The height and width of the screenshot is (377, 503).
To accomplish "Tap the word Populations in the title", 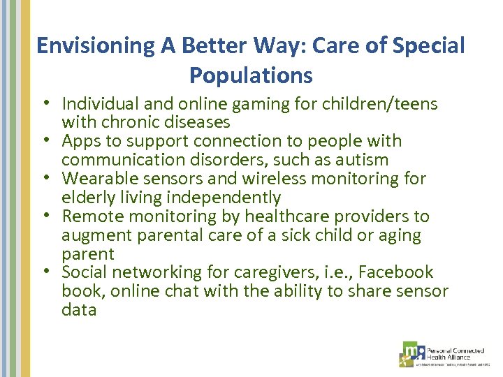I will (x=251, y=75).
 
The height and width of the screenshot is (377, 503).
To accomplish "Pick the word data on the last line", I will (x=79, y=310).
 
